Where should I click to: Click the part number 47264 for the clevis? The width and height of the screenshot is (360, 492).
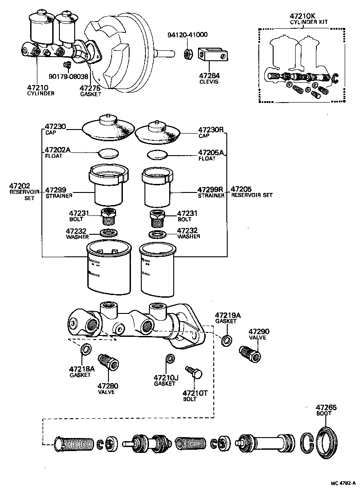click(209, 76)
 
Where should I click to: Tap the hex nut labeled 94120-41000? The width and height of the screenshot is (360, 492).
click(189, 55)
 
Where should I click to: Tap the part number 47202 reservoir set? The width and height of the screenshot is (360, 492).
click(19, 186)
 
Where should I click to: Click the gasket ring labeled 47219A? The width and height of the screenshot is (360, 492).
click(227, 340)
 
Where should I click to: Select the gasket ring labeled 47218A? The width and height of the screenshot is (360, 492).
click(85, 349)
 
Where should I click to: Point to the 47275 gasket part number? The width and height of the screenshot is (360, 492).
click(90, 88)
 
